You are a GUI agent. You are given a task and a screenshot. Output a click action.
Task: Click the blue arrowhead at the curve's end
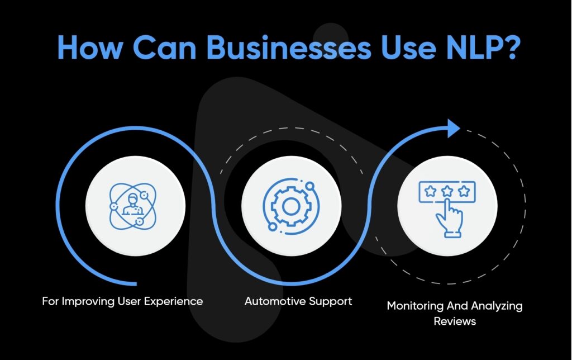[x=453, y=129]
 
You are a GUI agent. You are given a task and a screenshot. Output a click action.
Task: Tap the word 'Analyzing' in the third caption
[x=499, y=307]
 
